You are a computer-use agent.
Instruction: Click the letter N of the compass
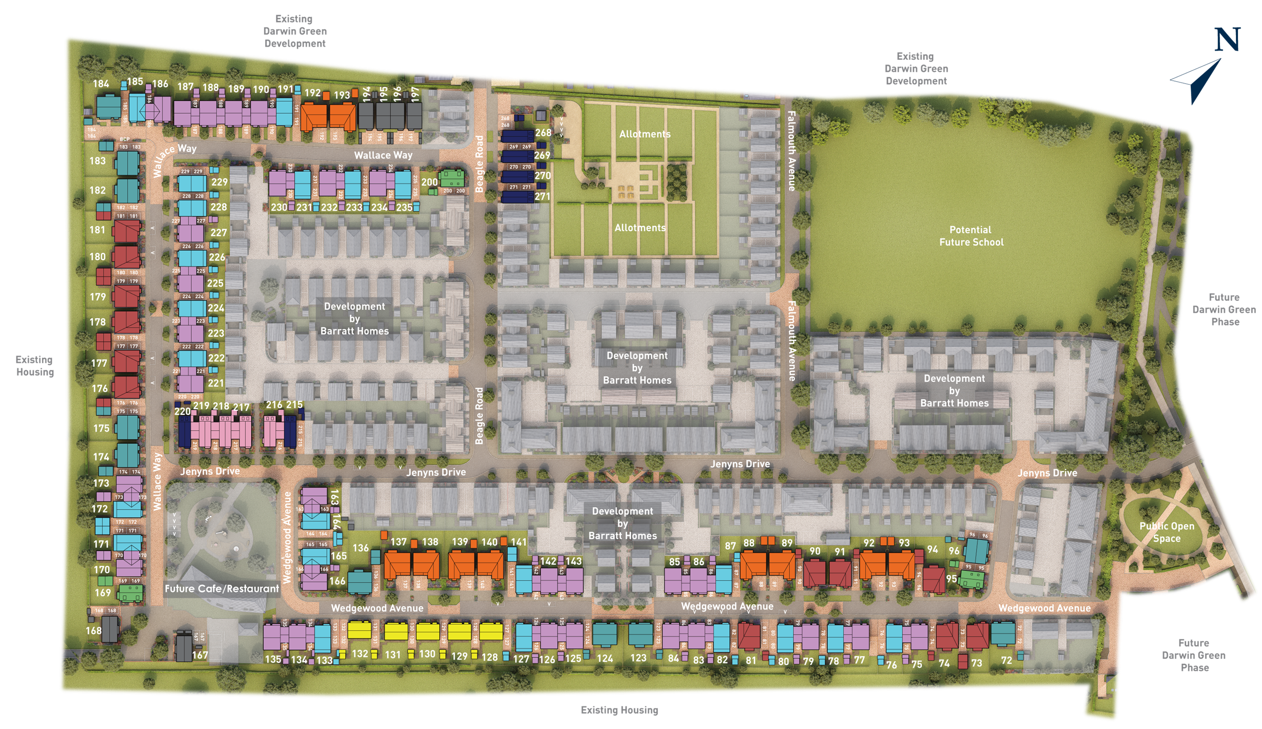[1227, 40]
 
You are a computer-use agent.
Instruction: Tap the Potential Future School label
[971, 236]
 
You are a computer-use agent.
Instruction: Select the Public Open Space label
[1167, 532]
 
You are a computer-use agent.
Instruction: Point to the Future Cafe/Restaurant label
[222, 589]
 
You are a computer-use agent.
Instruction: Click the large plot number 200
[429, 182]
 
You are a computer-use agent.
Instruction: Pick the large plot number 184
[101, 84]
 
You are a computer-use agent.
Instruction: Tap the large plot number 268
[543, 133]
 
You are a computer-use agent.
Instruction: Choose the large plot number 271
[542, 196]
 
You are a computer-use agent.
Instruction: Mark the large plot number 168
[93, 630]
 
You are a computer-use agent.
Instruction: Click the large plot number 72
[1006, 660]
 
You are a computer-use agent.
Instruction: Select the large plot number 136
[361, 548]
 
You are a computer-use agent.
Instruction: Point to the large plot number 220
[183, 411]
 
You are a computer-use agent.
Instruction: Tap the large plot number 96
[954, 551]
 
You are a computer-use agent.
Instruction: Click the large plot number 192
[312, 93]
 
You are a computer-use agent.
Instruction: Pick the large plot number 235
[404, 207]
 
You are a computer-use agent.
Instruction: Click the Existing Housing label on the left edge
[34, 366]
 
